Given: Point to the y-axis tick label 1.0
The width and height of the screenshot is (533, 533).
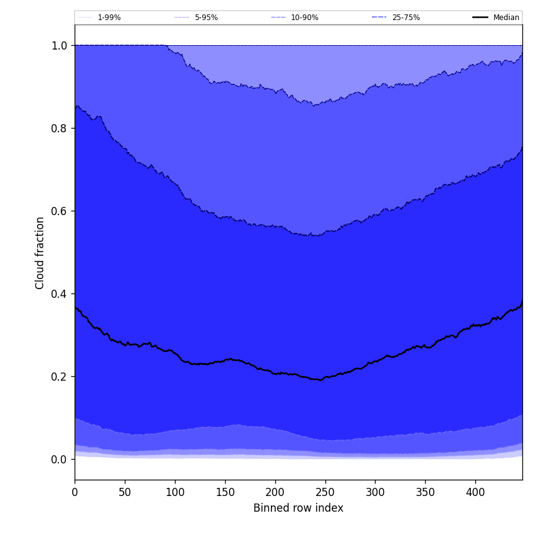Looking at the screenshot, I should coord(60,46).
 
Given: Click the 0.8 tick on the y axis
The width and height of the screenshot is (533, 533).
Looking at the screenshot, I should coord(60,129).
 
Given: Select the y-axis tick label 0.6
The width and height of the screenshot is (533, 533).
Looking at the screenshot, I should coord(60,211).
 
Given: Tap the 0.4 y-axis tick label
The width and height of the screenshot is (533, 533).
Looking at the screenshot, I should coord(60,294).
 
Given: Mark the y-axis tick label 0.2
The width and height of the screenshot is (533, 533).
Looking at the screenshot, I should coord(60,377).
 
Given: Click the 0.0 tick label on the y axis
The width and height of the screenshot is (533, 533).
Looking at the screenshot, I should coord(60,460).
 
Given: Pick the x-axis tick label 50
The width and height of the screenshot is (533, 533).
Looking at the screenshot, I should coord(125,492).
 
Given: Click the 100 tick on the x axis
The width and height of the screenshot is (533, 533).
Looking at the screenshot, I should coord(175,492).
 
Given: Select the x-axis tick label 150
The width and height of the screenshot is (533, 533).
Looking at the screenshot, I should coord(225,492).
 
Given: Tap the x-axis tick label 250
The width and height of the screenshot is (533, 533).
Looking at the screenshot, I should coord(325,492).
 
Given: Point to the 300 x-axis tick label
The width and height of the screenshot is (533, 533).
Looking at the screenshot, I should coord(375,492).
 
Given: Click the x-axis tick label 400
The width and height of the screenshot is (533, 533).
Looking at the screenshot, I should coord(475,492).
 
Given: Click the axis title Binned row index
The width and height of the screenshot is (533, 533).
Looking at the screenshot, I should coord(298,509).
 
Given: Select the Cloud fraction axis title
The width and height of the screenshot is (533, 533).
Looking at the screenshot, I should coord(40,253).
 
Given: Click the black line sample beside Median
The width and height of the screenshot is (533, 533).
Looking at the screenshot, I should coord(480,18).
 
